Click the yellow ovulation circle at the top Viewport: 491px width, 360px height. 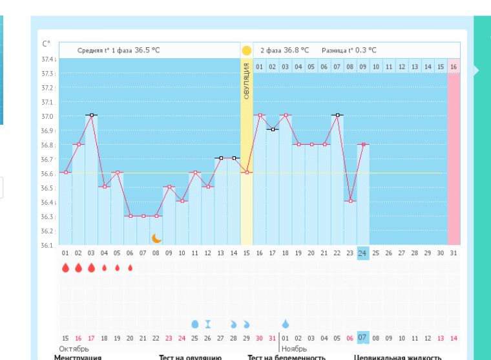(246, 50)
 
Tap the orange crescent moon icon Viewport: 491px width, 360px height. (156, 238)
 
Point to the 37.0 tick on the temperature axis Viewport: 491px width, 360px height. (47, 116)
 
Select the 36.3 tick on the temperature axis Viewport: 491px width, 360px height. (47, 217)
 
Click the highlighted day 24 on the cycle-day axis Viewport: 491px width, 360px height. (362, 254)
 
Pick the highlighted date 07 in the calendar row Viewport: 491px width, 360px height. (362, 337)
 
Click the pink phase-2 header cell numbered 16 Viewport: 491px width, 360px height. (454, 67)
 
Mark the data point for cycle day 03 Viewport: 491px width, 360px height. (92, 115)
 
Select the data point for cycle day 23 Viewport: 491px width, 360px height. (350, 201)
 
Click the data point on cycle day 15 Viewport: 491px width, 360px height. (246, 173)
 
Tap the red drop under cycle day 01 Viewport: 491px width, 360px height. (65, 268)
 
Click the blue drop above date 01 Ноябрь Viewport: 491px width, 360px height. (285, 323)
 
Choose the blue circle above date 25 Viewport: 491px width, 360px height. (194, 323)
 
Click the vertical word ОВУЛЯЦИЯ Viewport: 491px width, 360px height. (246, 80)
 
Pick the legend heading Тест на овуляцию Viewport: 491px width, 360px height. (191, 357)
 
